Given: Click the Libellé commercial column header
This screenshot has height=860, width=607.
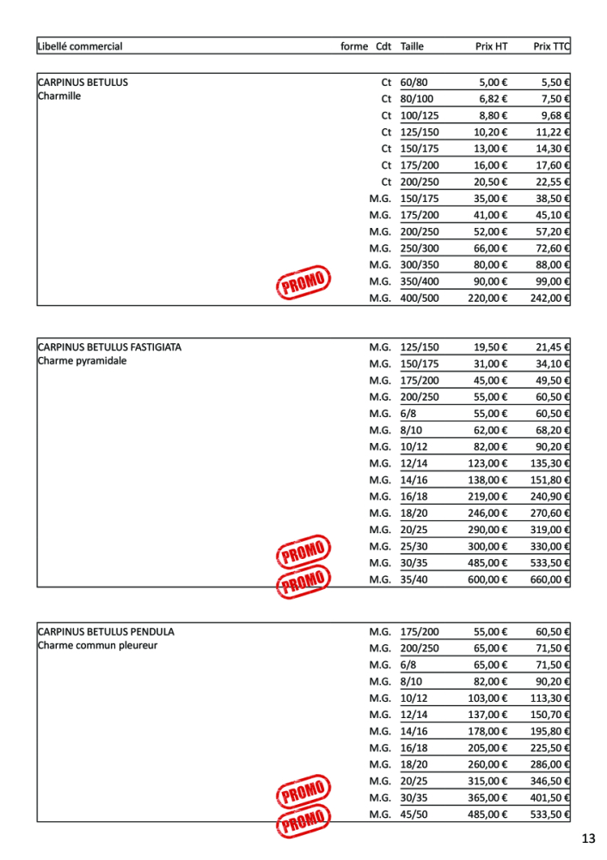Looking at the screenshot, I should [80, 46].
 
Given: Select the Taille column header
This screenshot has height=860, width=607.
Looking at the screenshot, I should [412, 46].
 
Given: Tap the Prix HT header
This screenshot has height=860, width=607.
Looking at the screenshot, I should [491, 46].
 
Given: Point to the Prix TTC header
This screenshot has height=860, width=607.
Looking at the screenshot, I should [551, 46].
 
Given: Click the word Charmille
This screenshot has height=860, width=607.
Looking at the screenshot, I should [59, 96].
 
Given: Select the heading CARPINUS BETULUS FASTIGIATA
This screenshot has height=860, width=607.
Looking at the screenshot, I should [109, 347].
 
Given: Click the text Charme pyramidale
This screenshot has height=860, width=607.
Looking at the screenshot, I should [82, 361].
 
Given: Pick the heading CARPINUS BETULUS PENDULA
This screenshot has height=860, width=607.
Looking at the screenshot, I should [106, 631].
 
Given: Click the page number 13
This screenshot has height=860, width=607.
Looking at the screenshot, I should [588, 838].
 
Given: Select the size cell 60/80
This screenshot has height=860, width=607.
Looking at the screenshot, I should [414, 83].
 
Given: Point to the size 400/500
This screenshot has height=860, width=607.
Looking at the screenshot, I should [420, 298].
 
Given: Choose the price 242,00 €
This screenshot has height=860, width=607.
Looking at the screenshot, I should [550, 298].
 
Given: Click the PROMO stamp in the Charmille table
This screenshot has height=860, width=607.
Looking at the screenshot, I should [303, 281].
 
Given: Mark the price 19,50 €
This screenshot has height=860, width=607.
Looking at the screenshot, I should [490, 347].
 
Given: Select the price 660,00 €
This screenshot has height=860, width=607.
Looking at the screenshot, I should [550, 580].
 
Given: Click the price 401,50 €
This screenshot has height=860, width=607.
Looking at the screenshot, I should [550, 797].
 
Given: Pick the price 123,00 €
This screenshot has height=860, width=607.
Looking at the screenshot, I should [487, 464].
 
